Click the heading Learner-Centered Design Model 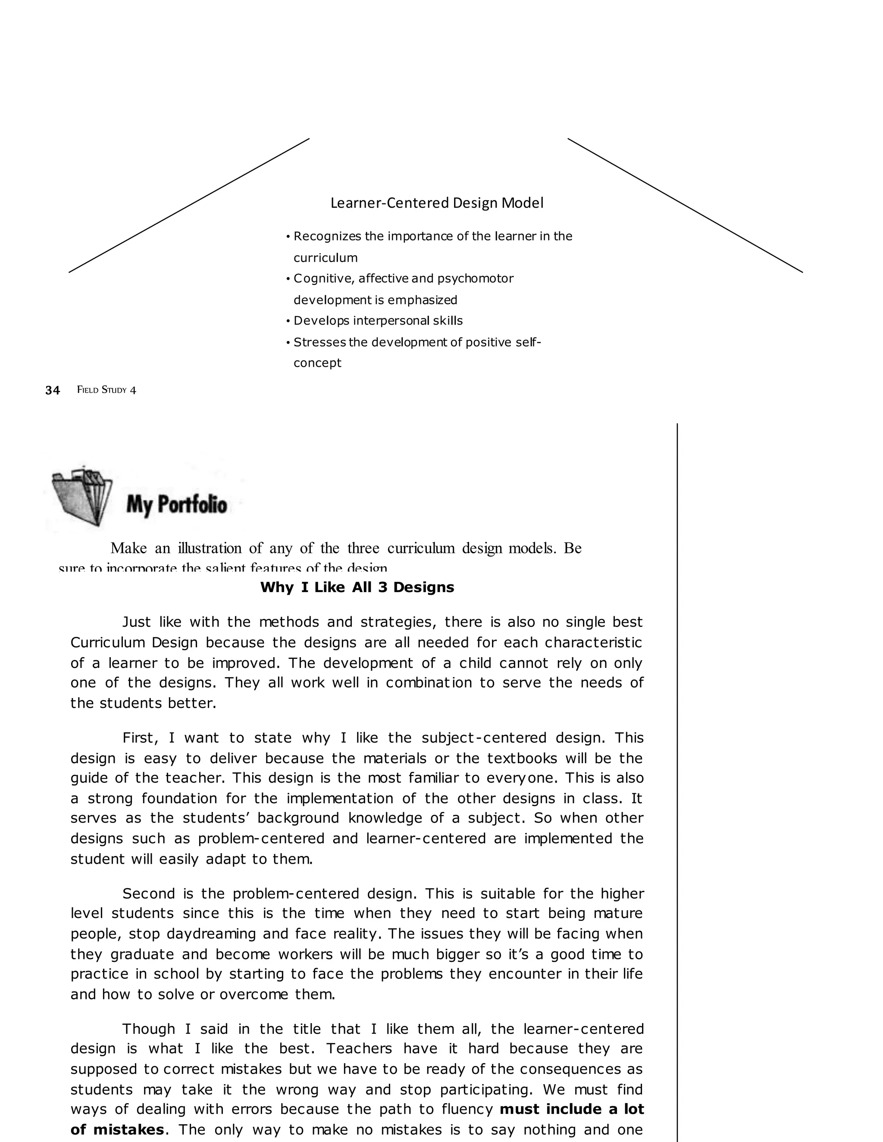coord(436,203)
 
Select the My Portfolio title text coord(176,505)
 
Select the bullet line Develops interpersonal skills coord(378,321)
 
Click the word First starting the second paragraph coord(140,738)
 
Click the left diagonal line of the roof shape coord(189,206)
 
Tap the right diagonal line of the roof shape coord(685,206)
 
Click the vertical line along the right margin coord(677,784)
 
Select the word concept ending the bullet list coord(317,362)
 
